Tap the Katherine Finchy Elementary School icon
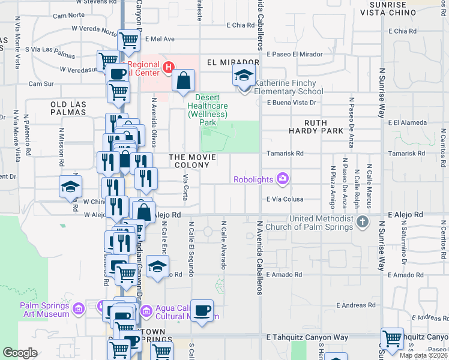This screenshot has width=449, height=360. pos(244,76)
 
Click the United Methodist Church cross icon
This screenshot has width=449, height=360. pos(362,223)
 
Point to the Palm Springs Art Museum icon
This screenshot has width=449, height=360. pos(78,309)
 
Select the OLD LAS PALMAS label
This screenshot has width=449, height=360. pos(68,108)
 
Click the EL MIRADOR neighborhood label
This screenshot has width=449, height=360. pos(233,62)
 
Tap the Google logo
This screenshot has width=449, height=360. pos(20,352)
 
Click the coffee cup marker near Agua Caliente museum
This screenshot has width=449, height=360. pos(203,311)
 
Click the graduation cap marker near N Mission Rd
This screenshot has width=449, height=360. pos(70,187)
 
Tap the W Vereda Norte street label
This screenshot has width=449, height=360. pos(94,29)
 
